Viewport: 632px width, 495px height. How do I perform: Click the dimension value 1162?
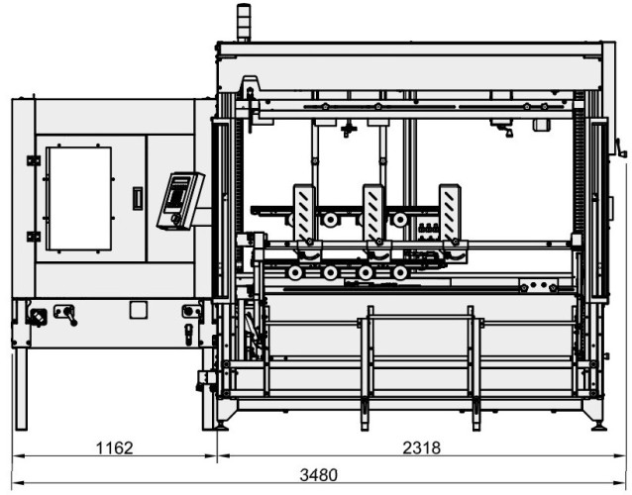[115, 447]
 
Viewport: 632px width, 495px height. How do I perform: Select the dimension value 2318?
[422, 447]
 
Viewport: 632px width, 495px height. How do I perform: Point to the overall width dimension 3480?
[318, 475]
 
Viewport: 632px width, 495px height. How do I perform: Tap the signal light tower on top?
[244, 23]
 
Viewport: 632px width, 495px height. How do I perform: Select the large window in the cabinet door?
[80, 199]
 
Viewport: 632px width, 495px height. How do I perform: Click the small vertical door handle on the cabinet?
[138, 198]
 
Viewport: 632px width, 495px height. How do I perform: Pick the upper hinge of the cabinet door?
[34, 160]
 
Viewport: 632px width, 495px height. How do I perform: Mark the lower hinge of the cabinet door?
[34, 237]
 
